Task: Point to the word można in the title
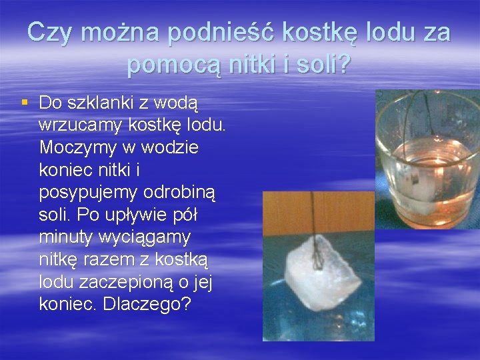[122, 33]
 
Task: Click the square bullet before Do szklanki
[25, 102]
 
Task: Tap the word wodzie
[168, 147]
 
